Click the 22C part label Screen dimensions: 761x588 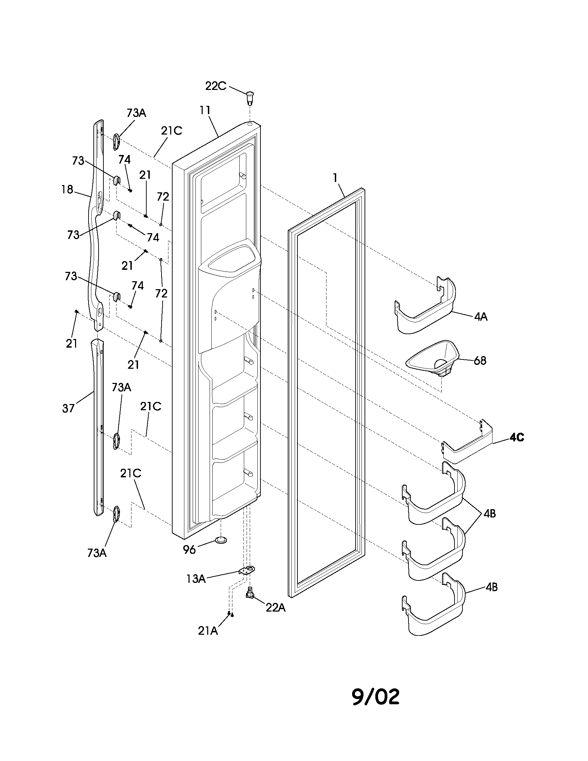coord(215,86)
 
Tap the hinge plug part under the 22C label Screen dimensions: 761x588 coord(249,97)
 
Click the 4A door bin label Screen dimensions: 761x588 coord(480,317)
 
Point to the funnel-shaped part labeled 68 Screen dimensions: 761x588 coord(432,359)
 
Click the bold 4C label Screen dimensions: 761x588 coord(516,437)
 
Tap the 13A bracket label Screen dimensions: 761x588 coord(195,579)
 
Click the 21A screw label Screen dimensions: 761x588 coord(208,631)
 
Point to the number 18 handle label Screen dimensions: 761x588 coord(67,190)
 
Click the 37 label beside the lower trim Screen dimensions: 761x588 coord(68,409)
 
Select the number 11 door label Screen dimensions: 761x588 coord(205,110)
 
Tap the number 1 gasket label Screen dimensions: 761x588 coord(335,178)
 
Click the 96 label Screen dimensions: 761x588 coord(190,550)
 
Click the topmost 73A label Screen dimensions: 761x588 coord(136,113)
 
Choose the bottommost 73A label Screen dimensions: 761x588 coord(97,553)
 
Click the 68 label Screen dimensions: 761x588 coord(480,361)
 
